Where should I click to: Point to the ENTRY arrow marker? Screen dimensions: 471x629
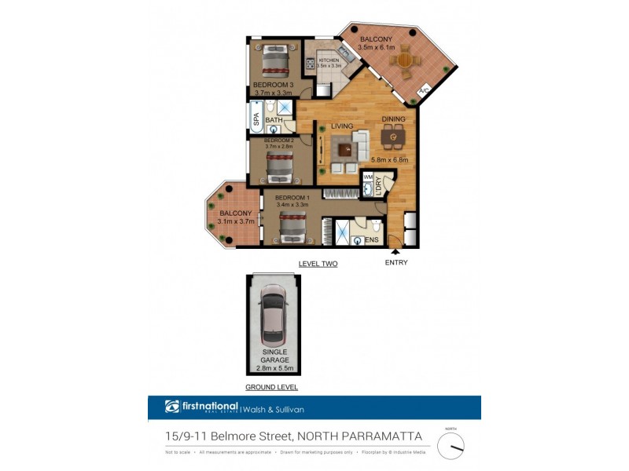pyautogui.click(x=395, y=251)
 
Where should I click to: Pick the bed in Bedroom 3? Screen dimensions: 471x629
pyautogui.click(x=275, y=60)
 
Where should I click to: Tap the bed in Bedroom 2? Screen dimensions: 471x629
pyautogui.click(x=278, y=166)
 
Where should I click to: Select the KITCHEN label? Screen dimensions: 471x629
pyautogui.click(x=329, y=60)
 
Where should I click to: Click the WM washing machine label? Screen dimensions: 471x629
pyautogui.click(x=368, y=177)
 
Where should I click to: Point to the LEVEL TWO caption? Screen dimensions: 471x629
pyautogui.click(x=318, y=265)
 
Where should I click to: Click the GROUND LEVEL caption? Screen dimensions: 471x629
pyautogui.click(x=272, y=388)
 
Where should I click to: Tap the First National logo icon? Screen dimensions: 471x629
pyautogui.click(x=174, y=407)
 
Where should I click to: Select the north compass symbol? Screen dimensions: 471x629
pyautogui.click(x=451, y=445)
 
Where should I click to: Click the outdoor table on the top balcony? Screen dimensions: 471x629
pyautogui.click(x=404, y=59)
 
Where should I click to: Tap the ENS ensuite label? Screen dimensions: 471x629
pyautogui.click(x=373, y=240)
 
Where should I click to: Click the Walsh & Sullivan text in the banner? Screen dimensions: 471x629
pyautogui.click(x=274, y=408)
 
